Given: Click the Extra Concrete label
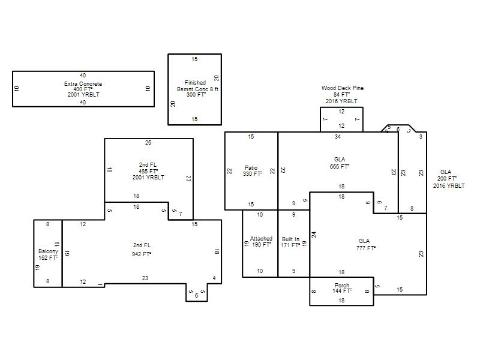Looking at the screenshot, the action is tap(83, 83).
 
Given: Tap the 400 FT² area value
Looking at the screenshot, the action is tap(83, 89).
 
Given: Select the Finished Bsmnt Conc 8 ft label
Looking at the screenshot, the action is tap(197, 86).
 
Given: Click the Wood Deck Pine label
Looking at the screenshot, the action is tap(343, 88).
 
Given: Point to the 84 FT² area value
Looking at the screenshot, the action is tap(341, 94).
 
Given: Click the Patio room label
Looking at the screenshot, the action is tap(251, 168).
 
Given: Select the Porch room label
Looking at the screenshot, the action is tap(342, 285).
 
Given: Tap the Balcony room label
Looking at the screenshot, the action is tap(48, 251).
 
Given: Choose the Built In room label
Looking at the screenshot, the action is tap(290, 239).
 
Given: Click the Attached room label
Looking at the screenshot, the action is tap(261, 238).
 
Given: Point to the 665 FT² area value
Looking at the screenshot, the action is tap(340, 167).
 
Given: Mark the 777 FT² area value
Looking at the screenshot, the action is tap(366, 248).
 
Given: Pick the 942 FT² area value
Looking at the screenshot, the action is tap(142, 254).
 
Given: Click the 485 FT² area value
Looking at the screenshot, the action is tap(148, 171).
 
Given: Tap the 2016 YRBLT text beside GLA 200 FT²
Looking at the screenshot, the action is tap(449, 185).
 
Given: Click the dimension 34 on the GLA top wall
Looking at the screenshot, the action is tap(338, 137).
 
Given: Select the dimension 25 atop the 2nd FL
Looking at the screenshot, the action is tap(148, 142).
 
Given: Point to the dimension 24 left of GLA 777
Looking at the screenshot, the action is tap(314, 235).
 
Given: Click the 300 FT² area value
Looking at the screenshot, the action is tap(196, 95).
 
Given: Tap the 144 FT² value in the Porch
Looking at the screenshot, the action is tap(342, 290).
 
